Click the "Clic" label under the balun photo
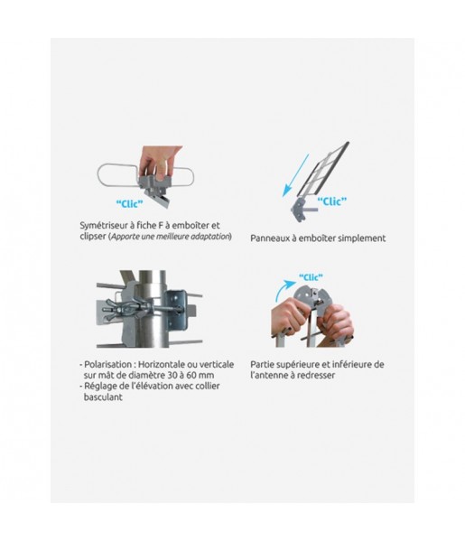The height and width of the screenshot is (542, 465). (x=129, y=203)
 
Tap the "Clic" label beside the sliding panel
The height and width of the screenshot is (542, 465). (x=331, y=201)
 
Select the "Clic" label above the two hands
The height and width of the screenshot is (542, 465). (x=311, y=277)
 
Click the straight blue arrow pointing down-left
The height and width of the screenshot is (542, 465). (x=296, y=175)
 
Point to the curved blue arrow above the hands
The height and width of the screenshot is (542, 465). (x=284, y=290)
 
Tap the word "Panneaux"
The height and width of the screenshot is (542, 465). (x=269, y=238)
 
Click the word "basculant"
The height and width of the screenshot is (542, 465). (x=103, y=397)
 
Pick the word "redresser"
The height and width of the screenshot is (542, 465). (x=317, y=376)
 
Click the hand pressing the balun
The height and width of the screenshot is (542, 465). (x=160, y=160)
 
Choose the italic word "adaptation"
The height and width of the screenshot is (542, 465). (x=212, y=237)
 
